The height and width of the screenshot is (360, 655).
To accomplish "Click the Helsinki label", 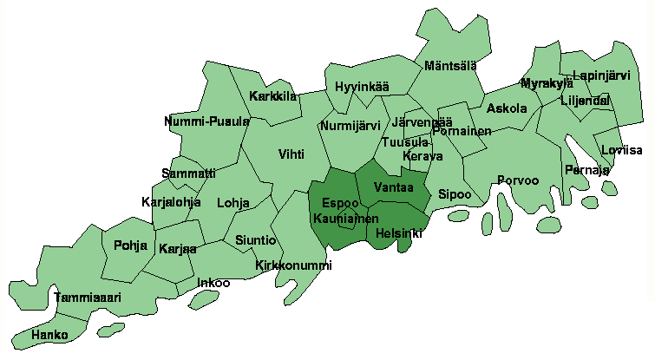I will [x=400, y=233].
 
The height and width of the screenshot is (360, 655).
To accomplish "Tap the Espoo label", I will [x=335, y=203].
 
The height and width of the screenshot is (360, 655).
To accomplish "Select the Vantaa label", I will [x=393, y=187].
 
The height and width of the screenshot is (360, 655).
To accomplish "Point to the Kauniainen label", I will [x=345, y=219].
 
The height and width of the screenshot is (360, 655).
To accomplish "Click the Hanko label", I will [x=49, y=334].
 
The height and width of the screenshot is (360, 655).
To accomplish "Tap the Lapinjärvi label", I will [x=601, y=76].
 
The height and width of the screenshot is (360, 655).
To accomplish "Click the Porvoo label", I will [x=518, y=180].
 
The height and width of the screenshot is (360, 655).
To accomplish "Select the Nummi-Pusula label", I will [x=206, y=121].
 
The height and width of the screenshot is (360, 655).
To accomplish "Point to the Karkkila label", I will [x=273, y=95].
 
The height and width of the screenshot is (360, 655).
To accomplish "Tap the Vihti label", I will [x=291, y=154].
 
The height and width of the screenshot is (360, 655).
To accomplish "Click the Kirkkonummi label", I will [x=293, y=265].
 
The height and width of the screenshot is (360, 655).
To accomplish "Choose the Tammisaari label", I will [x=88, y=297].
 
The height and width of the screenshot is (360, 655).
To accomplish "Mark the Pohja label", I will [x=130, y=245].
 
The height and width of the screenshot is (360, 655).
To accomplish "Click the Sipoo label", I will [x=455, y=193].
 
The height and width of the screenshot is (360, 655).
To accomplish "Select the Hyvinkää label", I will [x=362, y=88].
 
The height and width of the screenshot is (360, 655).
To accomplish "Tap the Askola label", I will [x=507, y=108].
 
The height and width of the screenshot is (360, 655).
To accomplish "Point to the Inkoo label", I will [x=213, y=282].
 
